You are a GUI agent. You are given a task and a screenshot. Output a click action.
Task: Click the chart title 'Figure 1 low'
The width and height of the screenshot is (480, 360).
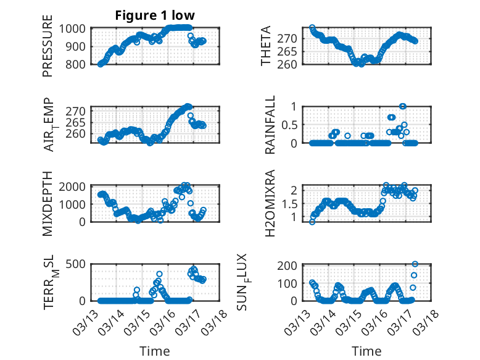[x=155, y=15]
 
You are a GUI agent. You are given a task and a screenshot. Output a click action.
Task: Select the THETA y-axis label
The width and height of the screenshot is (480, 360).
[x=266, y=46]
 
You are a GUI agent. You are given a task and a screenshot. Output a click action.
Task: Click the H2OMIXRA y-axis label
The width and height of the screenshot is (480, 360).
[x=270, y=204]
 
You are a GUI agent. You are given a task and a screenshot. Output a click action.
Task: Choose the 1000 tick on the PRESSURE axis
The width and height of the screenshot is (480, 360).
[x=76, y=28]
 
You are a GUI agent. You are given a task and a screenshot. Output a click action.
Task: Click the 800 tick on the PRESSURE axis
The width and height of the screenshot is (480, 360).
[x=79, y=64]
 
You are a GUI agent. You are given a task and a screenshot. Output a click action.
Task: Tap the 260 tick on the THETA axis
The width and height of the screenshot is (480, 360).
[x=291, y=64]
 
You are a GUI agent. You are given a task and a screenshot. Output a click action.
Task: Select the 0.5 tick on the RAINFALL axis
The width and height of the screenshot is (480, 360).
[x=294, y=125]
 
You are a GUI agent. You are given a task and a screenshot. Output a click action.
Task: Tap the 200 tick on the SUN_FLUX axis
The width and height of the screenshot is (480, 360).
[x=291, y=266]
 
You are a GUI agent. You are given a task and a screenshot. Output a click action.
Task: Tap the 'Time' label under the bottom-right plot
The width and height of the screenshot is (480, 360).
[x=366, y=351]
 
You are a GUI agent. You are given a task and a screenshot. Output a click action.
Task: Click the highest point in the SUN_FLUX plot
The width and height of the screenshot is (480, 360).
[x=415, y=264]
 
